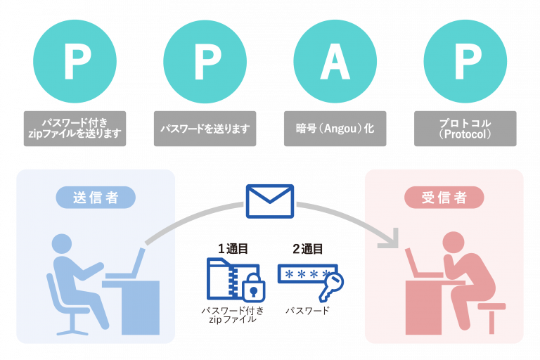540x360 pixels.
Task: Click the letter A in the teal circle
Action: click(335, 63)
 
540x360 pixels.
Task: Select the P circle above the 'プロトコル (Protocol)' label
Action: click(465, 63)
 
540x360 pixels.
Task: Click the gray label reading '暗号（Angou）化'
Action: click(335, 129)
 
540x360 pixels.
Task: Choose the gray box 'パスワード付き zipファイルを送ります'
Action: click(75, 129)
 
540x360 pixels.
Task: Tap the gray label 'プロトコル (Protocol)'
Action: click(465, 129)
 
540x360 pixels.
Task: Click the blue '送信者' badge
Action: click(96, 198)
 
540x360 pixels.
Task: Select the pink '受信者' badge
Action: click(444, 198)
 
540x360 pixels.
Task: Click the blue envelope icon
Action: click(270, 202)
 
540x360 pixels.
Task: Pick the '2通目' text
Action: click(307, 249)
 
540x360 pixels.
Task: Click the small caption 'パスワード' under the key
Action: click(307, 310)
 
